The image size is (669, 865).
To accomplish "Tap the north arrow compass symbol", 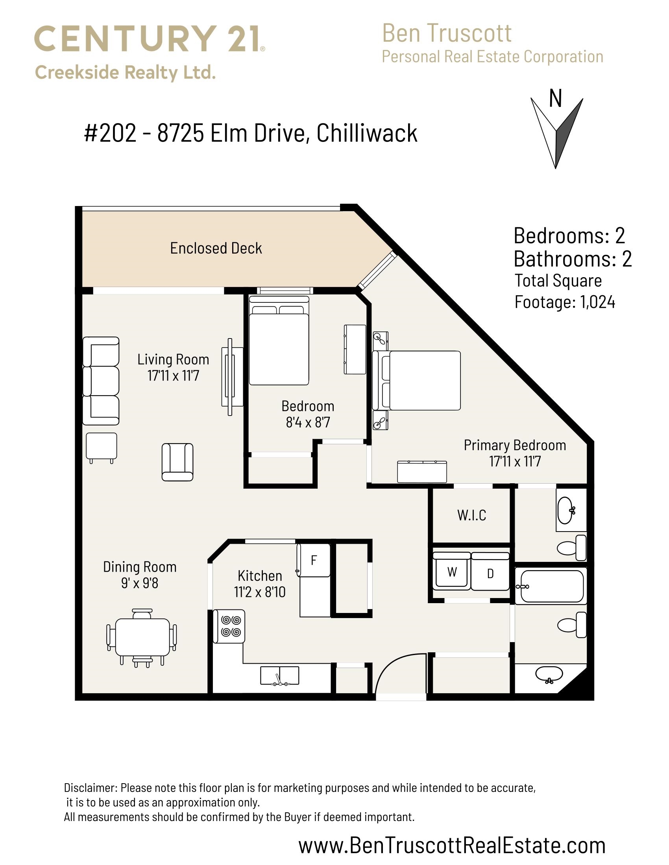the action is pyautogui.click(x=556, y=133).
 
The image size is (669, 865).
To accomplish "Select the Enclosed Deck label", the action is pyautogui.click(x=216, y=248).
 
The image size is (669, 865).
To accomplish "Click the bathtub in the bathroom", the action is pyautogui.click(x=551, y=586).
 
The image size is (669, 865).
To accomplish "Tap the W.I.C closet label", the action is pyautogui.click(x=471, y=515).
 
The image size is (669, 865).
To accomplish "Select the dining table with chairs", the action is pyautogui.click(x=142, y=638).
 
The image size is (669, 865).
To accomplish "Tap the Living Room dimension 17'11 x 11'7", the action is pyautogui.click(x=173, y=375).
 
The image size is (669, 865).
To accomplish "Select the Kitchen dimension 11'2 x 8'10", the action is pyautogui.click(x=260, y=592).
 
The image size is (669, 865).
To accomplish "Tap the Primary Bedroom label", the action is pyautogui.click(x=515, y=445).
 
